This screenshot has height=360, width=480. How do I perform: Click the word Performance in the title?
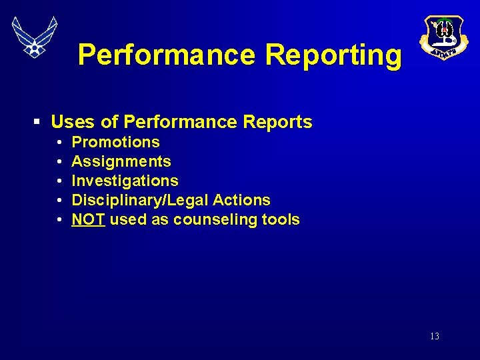point(166,55)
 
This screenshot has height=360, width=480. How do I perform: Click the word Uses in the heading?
point(73,122)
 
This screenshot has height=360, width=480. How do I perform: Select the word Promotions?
point(115,142)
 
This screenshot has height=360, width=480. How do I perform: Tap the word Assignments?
point(121,161)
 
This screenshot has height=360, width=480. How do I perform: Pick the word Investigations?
point(125,181)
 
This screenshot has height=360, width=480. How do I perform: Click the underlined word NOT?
point(88,219)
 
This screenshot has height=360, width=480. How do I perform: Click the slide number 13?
point(435,337)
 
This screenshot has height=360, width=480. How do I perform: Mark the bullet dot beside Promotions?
point(59,143)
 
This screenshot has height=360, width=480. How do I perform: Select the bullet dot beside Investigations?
point(59,181)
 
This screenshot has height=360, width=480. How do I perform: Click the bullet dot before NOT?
point(59,220)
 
